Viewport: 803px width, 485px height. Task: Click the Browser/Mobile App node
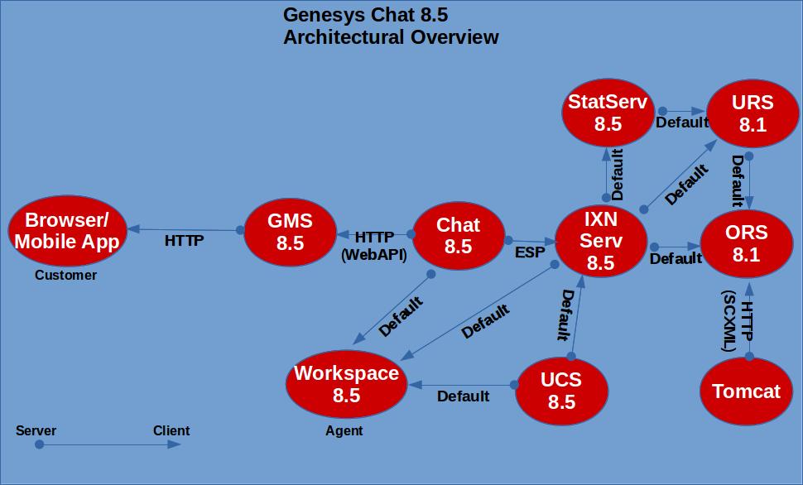point(68,231)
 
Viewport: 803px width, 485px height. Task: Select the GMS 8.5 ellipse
point(291,232)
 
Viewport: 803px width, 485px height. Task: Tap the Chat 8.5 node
point(458,235)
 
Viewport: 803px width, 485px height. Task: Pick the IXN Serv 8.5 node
point(601,241)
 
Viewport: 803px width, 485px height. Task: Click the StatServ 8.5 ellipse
point(608,113)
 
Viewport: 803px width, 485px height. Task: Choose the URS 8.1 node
point(753,113)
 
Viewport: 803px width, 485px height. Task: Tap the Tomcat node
point(746,391)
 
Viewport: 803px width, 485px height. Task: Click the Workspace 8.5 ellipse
point(346,384)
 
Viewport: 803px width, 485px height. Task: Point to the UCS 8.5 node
point(561,391)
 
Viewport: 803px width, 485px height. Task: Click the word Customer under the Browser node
point(65,276)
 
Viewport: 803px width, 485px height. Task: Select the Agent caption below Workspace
point(344,430)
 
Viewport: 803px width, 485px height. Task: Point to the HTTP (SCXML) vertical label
point(738,322)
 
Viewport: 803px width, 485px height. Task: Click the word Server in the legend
point(36,430)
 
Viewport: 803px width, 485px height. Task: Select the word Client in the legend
point(171,430)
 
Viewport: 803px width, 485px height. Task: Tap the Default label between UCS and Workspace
point(463,396)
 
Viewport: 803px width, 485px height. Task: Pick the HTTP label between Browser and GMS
point(185,242)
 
